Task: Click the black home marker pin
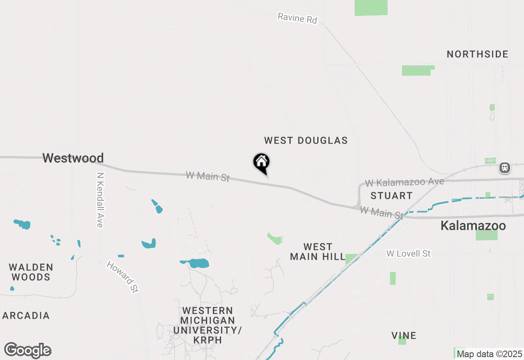262,162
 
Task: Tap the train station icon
504,167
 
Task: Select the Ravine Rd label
297,18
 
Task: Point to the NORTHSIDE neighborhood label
477,54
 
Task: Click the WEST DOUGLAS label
306,140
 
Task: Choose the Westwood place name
73,158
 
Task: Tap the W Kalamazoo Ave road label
404,182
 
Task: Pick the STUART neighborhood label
391,196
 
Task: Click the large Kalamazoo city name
473,225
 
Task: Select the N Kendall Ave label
99,199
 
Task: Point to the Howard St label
122,277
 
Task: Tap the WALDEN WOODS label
31,272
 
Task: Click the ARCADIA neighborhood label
26,315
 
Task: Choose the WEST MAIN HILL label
318,252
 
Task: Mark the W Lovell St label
408,254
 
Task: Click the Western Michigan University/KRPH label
208,325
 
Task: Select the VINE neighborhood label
404,335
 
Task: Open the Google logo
28,350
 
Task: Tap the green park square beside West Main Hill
351,259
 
